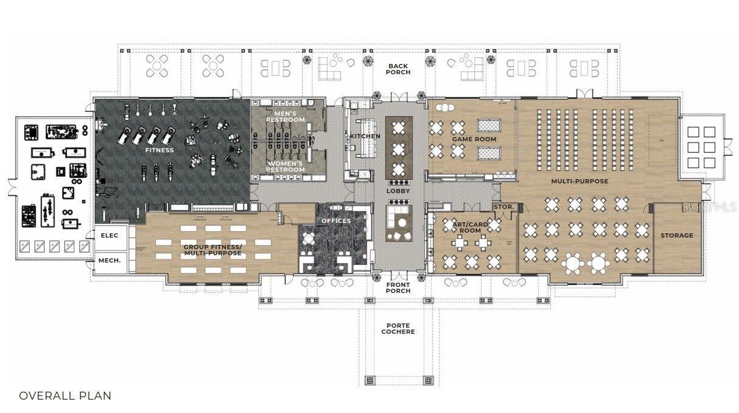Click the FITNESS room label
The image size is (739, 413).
[159, 150]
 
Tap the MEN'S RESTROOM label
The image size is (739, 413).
[285, 116]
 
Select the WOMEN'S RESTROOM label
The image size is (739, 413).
[285, 166]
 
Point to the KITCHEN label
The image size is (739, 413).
[365, 136]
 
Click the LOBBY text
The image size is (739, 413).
[398, 191]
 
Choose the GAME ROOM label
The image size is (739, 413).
[474, 139]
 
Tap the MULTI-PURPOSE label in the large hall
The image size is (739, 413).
[580, 181]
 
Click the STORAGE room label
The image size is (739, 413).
[677, 235]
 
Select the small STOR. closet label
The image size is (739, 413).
[503, 207]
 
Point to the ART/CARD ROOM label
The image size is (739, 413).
[470, 227]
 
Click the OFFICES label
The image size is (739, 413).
[336, 221]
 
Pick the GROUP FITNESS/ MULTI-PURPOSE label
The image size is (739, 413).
[212, 250]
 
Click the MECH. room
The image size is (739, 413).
[110, 261]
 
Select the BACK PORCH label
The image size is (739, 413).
[398, 69]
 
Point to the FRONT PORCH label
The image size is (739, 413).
[398, 288]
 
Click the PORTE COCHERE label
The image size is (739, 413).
[398, 328]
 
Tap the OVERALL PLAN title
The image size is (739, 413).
[65, 395]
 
